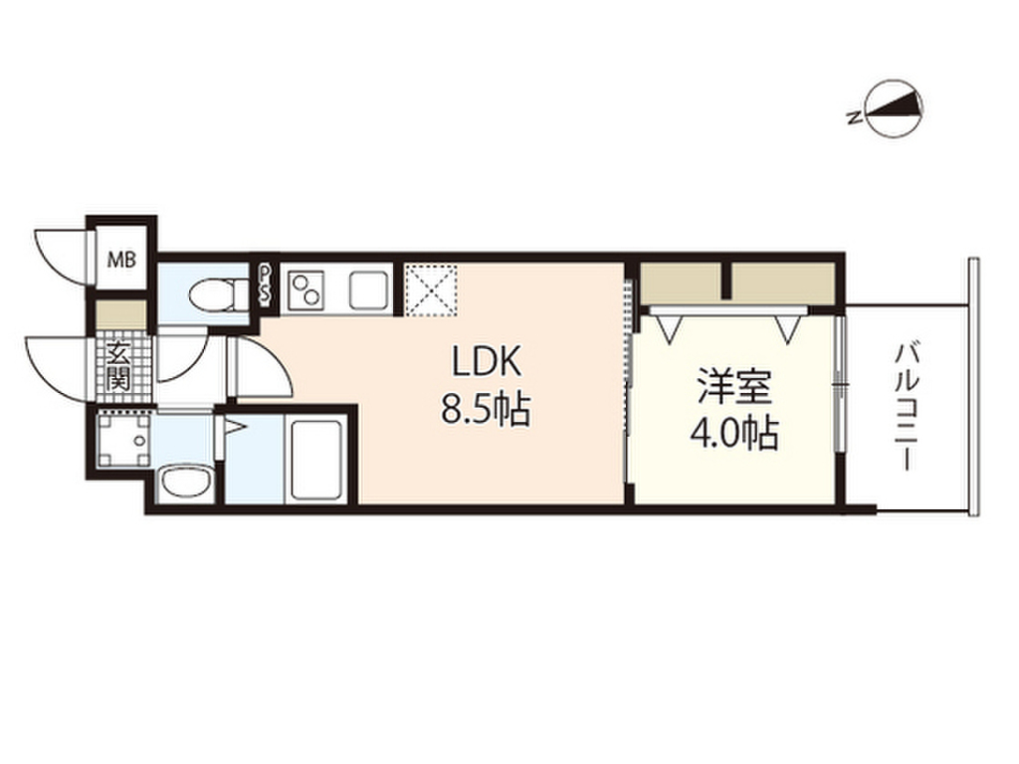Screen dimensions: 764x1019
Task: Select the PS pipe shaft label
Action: [266, 284]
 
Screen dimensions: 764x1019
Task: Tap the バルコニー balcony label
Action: [907, 407]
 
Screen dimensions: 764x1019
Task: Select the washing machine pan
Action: [124, 438]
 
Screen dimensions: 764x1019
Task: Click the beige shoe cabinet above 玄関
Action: [122, 313]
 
